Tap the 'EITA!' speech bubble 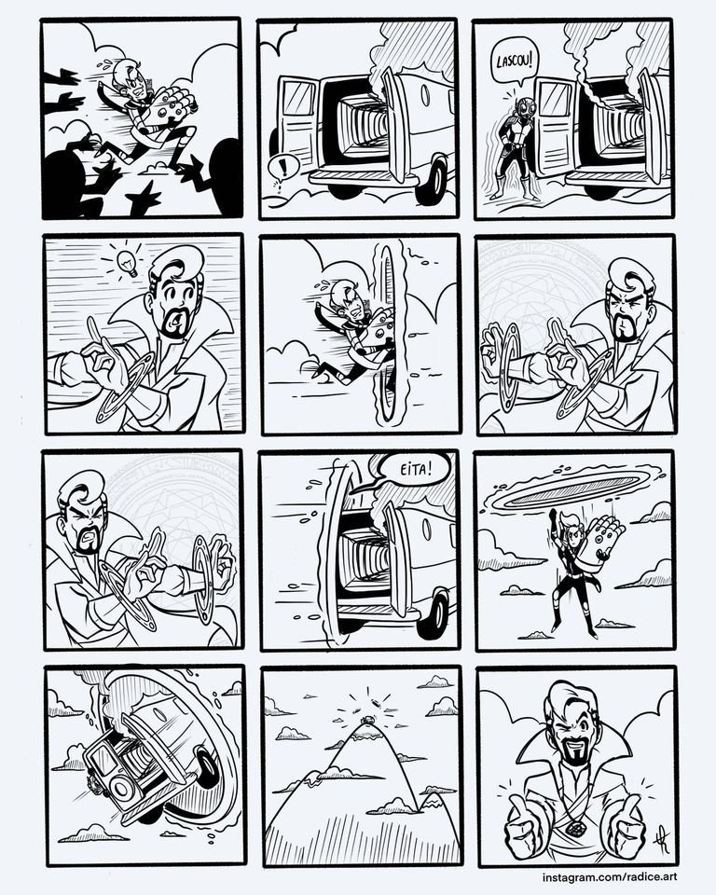413,472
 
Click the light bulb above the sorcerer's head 126,263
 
